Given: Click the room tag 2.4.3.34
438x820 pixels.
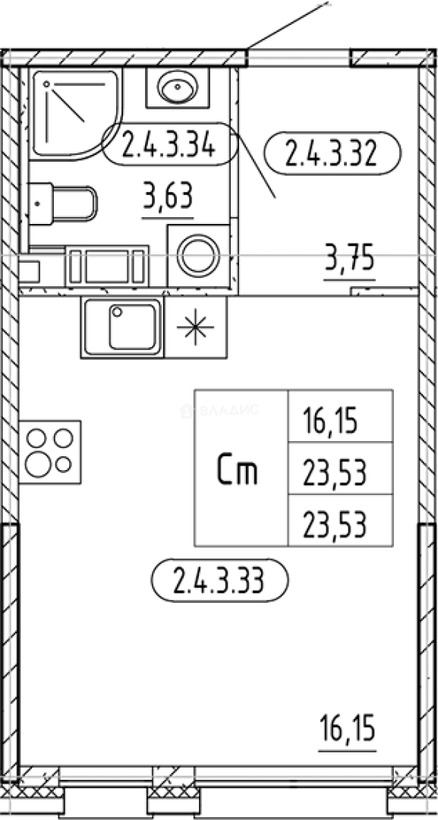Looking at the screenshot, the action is (x=169, y=144).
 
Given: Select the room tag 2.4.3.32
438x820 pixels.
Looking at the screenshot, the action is (x=332, y=153).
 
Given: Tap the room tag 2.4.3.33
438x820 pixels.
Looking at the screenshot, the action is (x=219, y=580).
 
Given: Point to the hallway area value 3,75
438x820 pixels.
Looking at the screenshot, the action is (x=349, y=260).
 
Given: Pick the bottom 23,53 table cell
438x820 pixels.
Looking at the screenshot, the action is (x=335, y=524).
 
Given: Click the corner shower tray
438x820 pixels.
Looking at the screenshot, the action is (x=74, y=113).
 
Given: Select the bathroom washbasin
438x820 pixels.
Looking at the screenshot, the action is (x=177, y=87).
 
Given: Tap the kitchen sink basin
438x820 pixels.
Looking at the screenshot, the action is (x=132, y=326).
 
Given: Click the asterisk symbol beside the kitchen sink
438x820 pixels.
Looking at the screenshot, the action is (x=196, y=326).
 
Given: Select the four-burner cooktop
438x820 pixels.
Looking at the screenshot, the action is (x=50, y=452).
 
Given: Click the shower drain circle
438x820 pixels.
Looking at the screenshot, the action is (x=47, y=84).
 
